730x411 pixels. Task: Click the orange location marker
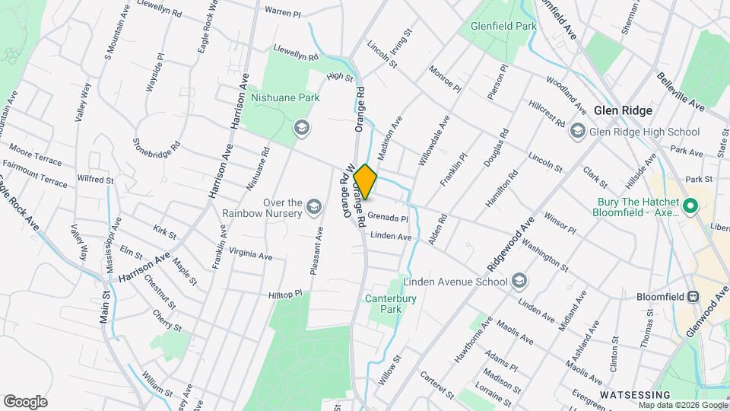coord(365,182)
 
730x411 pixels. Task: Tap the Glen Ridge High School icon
coord(577,132)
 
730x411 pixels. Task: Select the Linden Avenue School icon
coord(519,282)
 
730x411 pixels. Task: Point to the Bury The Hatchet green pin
coord(690,206)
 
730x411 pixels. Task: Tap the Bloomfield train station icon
coord(693,296)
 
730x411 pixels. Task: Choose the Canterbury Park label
coord(390,304)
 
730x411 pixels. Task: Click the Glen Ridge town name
coord(623,110)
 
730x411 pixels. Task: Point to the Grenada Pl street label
coord(388,218)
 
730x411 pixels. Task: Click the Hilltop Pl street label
coord(285,294)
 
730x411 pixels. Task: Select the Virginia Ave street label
coord(250,256)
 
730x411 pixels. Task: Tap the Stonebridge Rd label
coord(157,143)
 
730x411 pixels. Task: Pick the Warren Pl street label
coord(283,11)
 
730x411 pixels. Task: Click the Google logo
coord(25,401)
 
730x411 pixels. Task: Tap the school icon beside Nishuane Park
coord(301,127)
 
